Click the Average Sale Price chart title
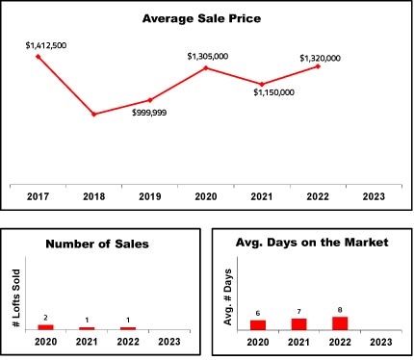tap(201, 18)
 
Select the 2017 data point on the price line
tap(39, 57)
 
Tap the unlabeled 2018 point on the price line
tap(94, 114)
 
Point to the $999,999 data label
tap(149, 113)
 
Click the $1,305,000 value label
tap(208, 57)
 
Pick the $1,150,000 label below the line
tap(273, 92)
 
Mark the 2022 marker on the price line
tap(318, 66)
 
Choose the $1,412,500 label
tap(46, 45)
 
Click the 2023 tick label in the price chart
tap(374, 196)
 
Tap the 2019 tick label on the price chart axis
tap(150, 196)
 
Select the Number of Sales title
tap(97, 244)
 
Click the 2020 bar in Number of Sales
tap(45, 327)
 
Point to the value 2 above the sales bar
tap(45, 318)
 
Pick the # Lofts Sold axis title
tap(16, 298)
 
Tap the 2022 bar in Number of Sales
tap(128, 328)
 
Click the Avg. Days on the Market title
tap(312, 243)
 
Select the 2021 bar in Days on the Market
tap(298, 324)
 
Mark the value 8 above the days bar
tap(340, 310)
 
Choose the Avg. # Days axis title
tap(227, 297)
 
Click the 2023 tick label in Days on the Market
tap(381, 342)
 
